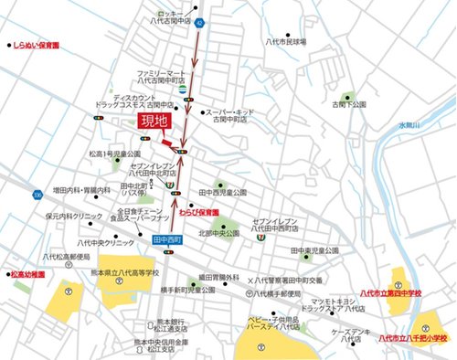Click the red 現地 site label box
coord(154,122)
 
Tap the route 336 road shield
coord(35,196)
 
